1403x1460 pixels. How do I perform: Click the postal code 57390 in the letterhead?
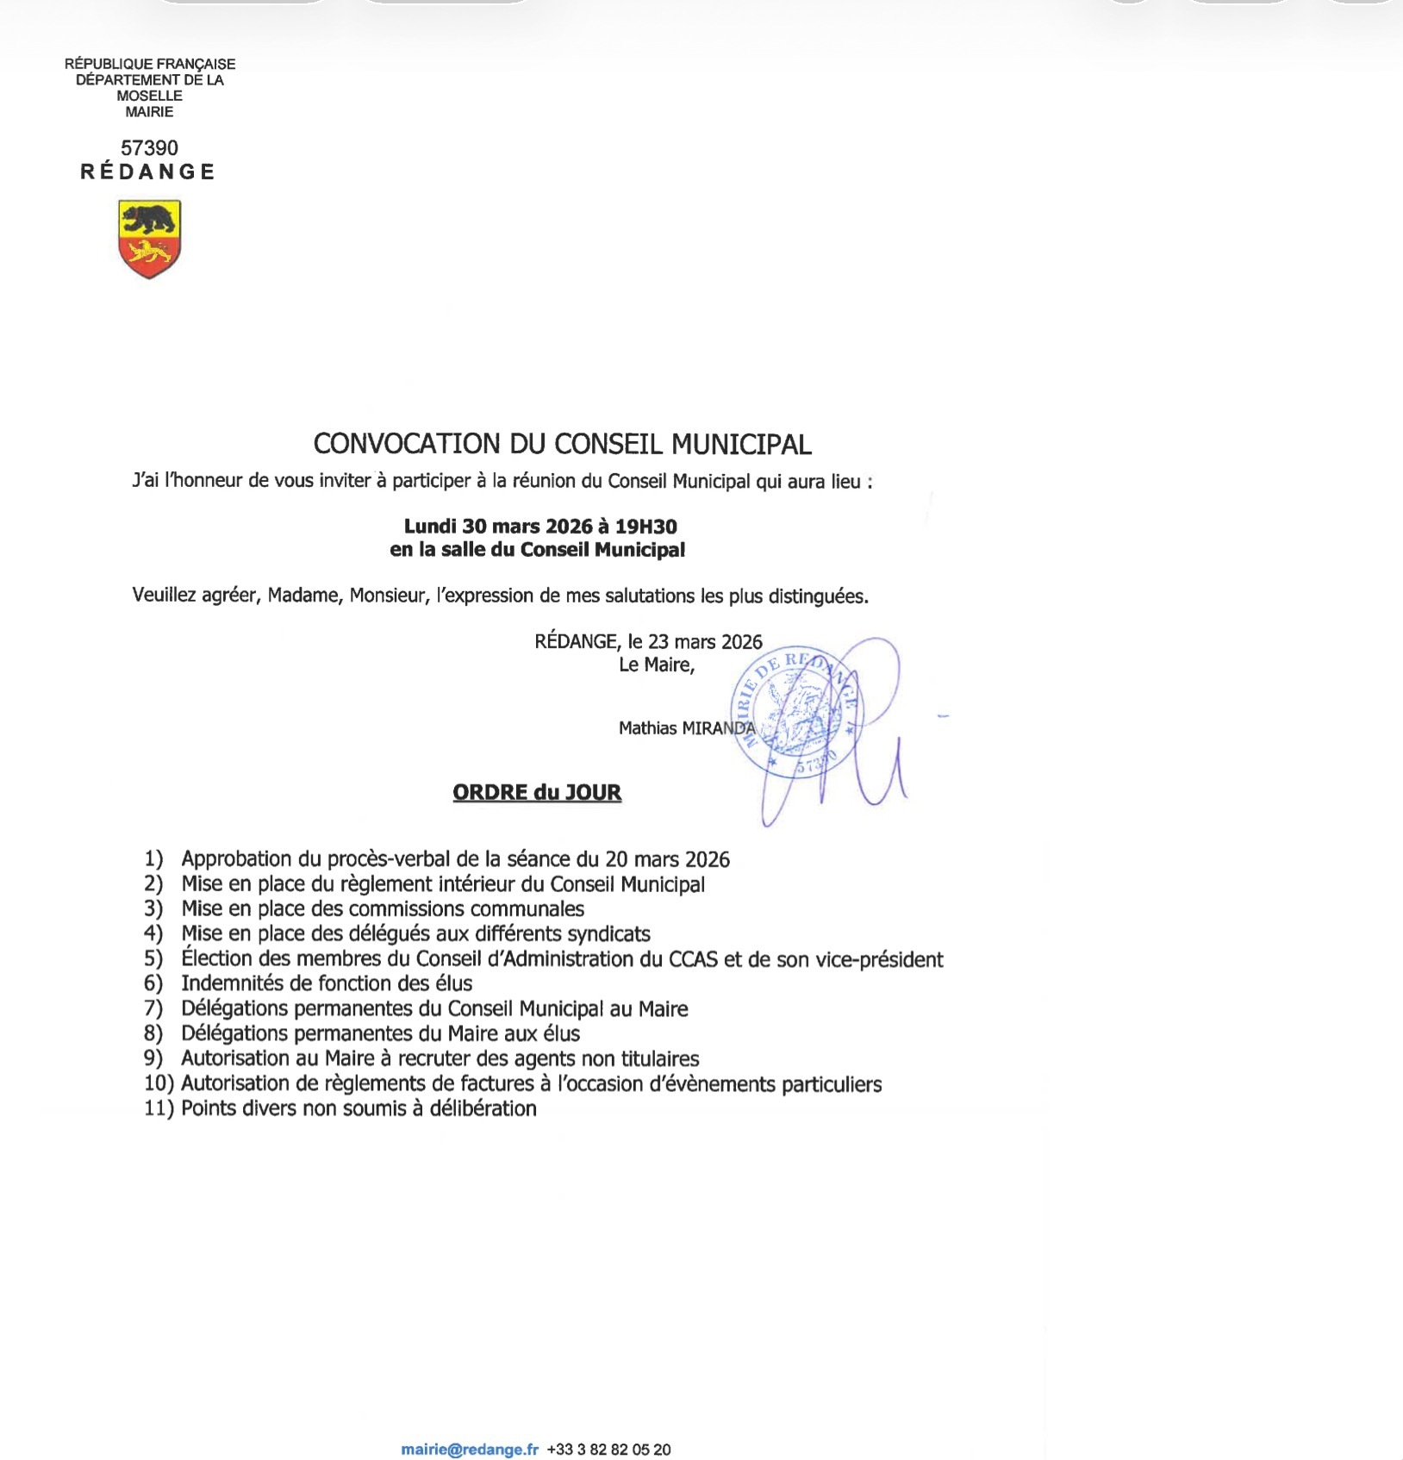(149, 148)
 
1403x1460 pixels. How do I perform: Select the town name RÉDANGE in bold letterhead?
(148, 172)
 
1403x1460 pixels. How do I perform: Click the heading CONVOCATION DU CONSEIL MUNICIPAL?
(562, 444)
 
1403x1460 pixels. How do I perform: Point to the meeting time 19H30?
(645, 526)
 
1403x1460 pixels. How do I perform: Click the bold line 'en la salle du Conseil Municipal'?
(537, 549)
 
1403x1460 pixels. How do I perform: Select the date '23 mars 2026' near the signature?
(705, 641)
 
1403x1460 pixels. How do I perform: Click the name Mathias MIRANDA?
(686, 728)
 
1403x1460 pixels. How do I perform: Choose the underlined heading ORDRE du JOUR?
(537, 792)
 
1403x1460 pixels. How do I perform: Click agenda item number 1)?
(153, 858)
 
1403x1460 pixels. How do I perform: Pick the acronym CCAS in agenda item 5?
(693, 958)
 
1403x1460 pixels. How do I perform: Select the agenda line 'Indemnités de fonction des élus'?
(327, 983)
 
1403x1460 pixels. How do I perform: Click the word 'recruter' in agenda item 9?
(431, 1058)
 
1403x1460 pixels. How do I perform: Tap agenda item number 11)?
(159, 1108)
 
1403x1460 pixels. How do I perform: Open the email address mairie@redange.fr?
(470, 1450)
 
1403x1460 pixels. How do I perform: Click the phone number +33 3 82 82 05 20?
(608, 1450)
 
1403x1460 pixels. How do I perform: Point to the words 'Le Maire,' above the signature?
(656, 664)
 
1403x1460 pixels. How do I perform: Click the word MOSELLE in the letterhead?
(149, 96)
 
